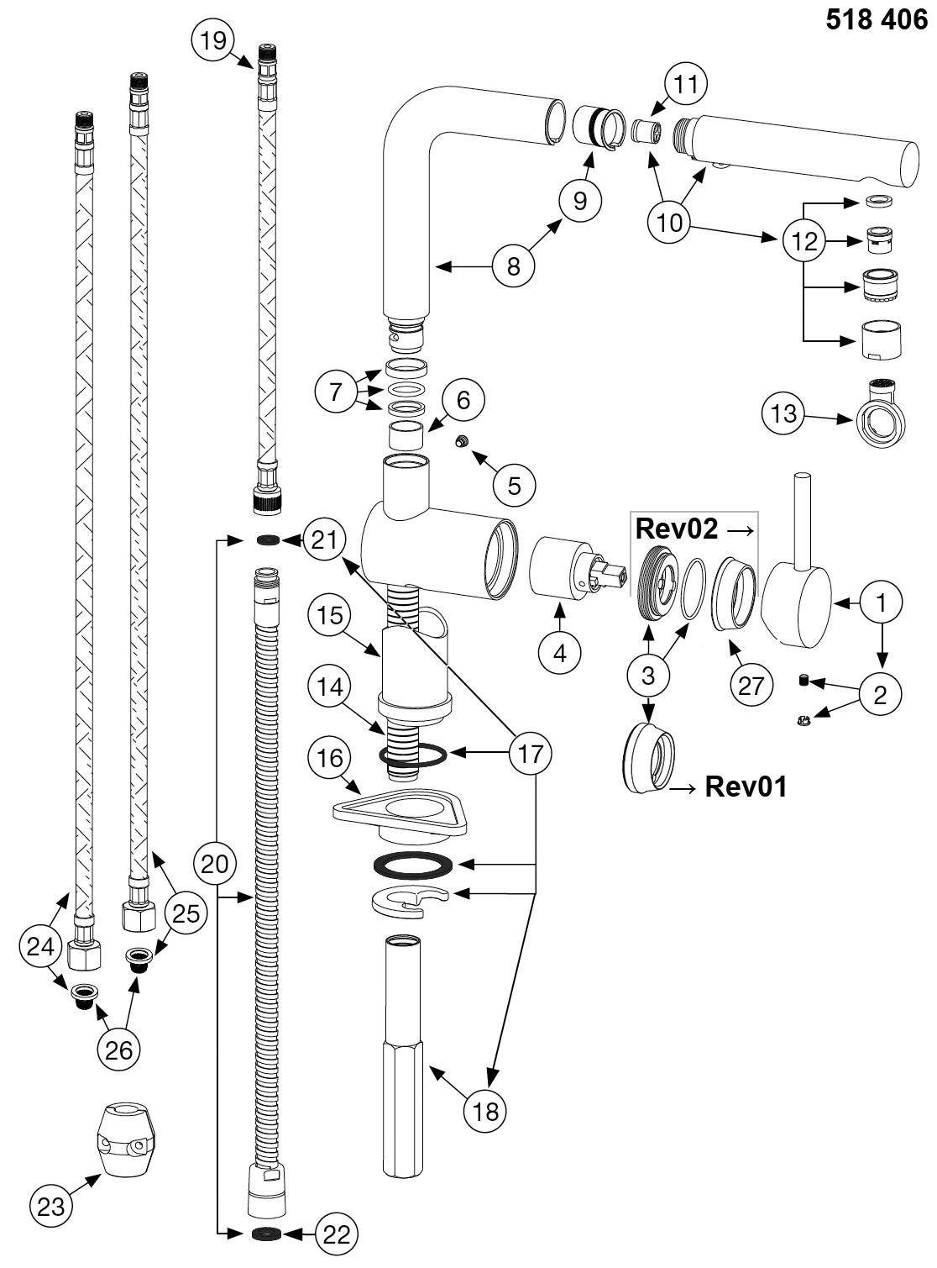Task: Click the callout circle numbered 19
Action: tap(213, 39)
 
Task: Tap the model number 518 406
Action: tap(877, 19)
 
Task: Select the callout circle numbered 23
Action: tap(51, 1207)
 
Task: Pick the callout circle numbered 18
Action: tap(486, 1111)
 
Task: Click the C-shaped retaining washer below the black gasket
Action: tap(408, 902)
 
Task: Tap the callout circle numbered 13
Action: tap(783, 413)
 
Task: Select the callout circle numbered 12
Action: tap(804, 242)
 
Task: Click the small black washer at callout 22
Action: tap(264, 1234)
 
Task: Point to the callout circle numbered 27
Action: tap(751, 685)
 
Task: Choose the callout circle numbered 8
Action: tap(514, 266)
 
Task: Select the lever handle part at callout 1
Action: tap(798, 597)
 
